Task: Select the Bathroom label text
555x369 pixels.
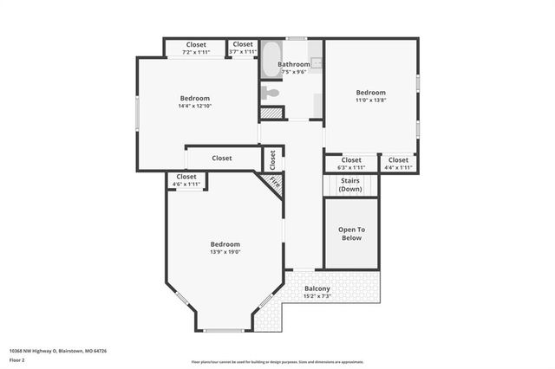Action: tap(294, 65)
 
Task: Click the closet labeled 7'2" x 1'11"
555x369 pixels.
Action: tap(196, 48)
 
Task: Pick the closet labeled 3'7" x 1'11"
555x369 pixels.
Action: tap(243, 48)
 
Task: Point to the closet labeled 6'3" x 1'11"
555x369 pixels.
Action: tap(350, 163)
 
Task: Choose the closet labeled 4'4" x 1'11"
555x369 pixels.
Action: tap(398, 163)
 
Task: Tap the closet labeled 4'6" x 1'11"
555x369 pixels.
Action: tap(186, 180)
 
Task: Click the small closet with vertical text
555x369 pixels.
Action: tap(272, 159)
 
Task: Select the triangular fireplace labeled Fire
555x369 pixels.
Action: tap(274, 183)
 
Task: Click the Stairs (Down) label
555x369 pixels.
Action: tap(350, 184)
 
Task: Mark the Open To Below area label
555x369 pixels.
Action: tap(350, 233)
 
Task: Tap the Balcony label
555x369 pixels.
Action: tap(317, 288)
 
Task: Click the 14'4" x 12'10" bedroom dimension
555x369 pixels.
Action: tap(195, 106)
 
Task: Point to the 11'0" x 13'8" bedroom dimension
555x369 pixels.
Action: tap(370, 100)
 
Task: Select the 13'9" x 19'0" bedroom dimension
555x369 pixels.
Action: tap(225, 252)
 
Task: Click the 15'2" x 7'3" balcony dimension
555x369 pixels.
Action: tap(317, 297)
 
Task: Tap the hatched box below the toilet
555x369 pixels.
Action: tap(272, 113)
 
